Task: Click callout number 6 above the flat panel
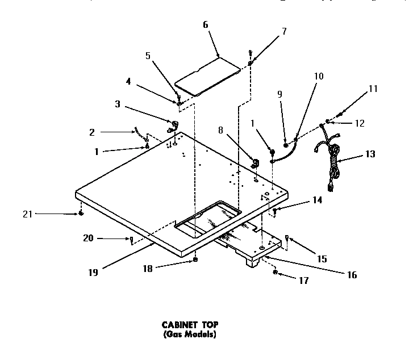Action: [x=205, y=25]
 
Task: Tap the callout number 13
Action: [x=370, y=154]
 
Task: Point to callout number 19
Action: [x=93, y=272]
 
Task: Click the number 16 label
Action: [x=352, y=275]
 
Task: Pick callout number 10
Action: [x=319, y=76]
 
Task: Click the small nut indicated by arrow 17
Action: [x=276, y=273]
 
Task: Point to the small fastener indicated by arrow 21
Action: [x=81, y=214]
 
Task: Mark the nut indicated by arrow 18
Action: [x=195, y=259]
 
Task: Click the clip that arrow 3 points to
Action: [x=173, y=125]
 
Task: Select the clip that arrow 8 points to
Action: [x=255, y=164]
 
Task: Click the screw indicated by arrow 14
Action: [x=275, y=211]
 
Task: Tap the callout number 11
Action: [x=373, y=89]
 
